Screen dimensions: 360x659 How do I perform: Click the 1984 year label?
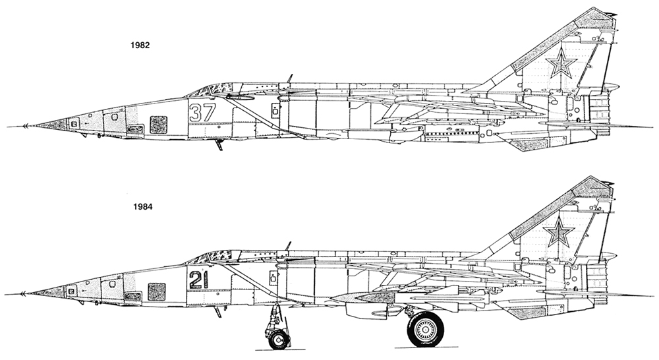(x=142, y=205)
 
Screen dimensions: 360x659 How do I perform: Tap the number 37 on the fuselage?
(x=202, y=112)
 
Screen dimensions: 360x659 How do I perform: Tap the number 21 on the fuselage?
(x=198, y=280)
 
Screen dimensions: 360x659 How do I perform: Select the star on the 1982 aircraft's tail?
(x=561, y=65)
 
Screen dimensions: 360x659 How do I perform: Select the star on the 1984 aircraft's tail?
(x=559, y=232)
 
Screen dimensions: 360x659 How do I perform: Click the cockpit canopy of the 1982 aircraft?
(x=214, y=88)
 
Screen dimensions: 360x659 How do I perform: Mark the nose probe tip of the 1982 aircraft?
(x=24, y=125)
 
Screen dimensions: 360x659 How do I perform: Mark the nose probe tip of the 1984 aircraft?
(x=24, y=292)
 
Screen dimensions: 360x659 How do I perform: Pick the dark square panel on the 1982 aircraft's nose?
(x=158, y=124)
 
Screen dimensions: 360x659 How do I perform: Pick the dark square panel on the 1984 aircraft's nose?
(x=156, y=291)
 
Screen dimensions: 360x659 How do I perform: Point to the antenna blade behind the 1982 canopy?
(x=289, y=78)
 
